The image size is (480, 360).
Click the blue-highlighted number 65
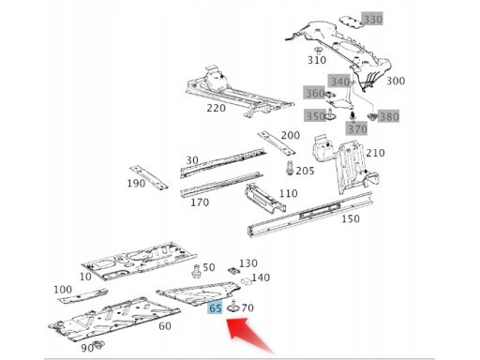click(216, 308)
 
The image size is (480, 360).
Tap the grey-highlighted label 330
click(373, 20)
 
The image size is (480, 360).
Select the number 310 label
click(317, 60)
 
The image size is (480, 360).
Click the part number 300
click(396, 81)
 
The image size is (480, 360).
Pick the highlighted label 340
click(340, 82)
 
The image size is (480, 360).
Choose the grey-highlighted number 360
click(315, 93)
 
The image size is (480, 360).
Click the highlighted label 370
click(357, 128)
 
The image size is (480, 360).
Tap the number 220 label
click(217, 108)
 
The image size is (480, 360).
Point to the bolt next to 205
click(289, 168)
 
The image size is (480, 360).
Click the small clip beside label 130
click(233, 270)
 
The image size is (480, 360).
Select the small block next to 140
click(247, 280)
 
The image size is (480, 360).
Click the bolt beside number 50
click(196, 271)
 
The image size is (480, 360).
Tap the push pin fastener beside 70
click(233, 307)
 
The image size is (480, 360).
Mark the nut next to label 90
click(99, 344)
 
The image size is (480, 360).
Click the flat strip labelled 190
click(149, 177)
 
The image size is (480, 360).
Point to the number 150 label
click(351, 218)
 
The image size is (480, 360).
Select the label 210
click(375, 153)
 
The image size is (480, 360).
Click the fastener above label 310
click(318, 51)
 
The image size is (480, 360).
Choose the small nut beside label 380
click(372, 117)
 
